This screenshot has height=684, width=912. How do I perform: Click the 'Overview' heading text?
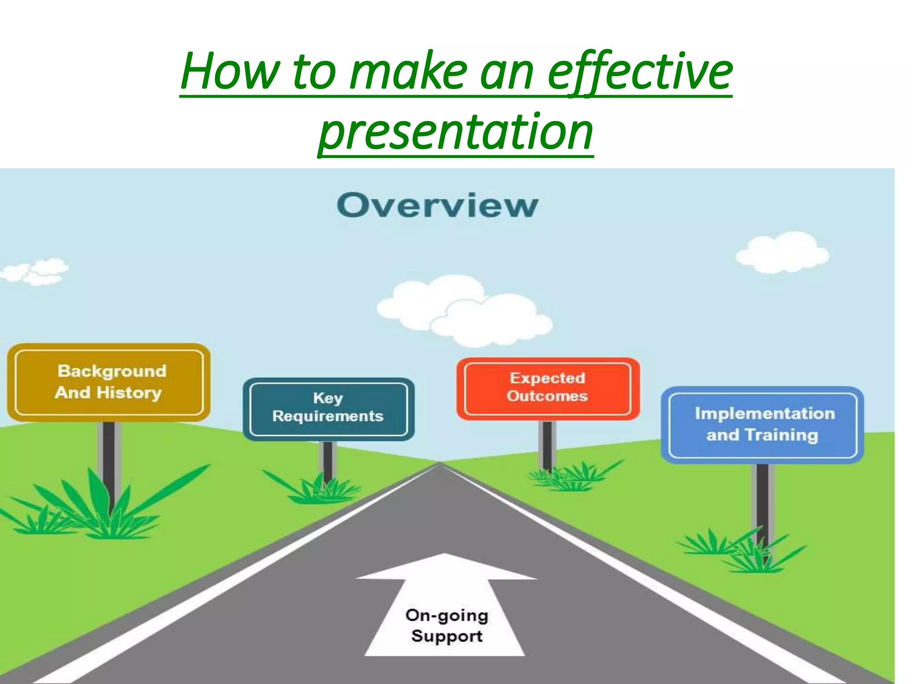(x=437, y=206)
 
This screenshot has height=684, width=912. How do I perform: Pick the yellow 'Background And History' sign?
(x=109, y=382)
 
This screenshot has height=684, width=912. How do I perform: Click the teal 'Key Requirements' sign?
(x=328, y=408)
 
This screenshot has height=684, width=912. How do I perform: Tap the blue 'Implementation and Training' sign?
(x=762, y=424)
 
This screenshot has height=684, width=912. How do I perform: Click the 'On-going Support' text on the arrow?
(x=447, y=626)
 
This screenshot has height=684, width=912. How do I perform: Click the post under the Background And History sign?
(x=109, y=463)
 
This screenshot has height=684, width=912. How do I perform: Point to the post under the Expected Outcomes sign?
(x=547, y=445)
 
